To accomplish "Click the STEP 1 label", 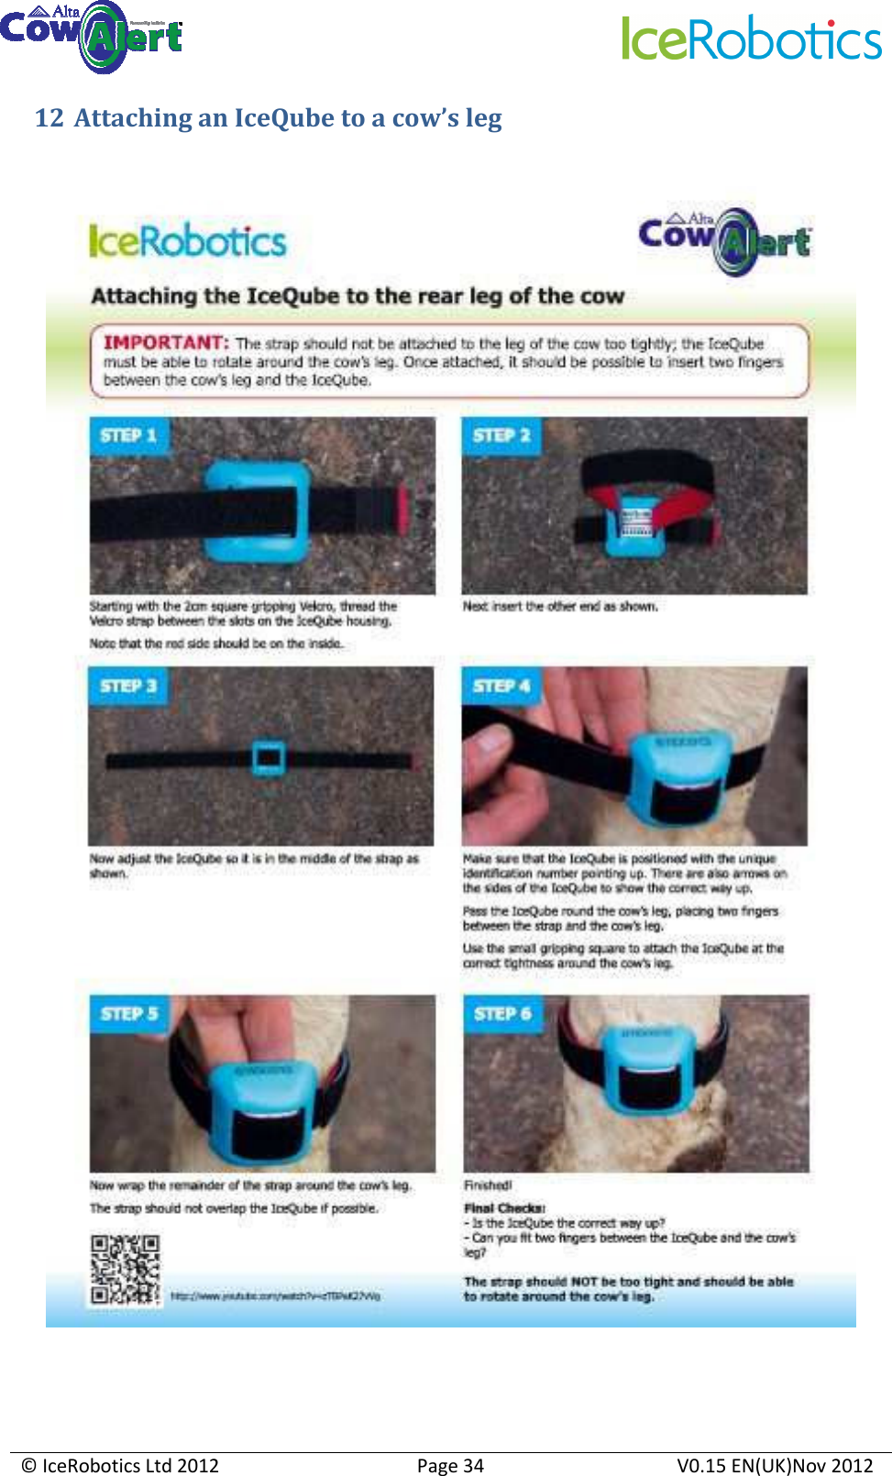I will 128,435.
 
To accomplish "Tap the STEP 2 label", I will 501,435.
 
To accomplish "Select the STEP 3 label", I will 128,686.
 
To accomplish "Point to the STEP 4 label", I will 501,686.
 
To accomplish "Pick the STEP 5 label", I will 129,1014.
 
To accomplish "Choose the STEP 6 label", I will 502,1014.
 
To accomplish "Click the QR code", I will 125,1270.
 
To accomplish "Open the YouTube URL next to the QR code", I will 275,1296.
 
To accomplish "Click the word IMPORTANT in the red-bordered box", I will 166,343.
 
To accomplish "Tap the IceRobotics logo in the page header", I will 752,39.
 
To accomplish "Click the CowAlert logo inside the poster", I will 724,240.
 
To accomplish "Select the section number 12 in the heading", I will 49,118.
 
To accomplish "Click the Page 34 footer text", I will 450,1465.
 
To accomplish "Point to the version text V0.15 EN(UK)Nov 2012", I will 775,1465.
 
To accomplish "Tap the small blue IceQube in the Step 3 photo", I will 269,757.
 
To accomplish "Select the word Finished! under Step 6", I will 488,1185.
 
